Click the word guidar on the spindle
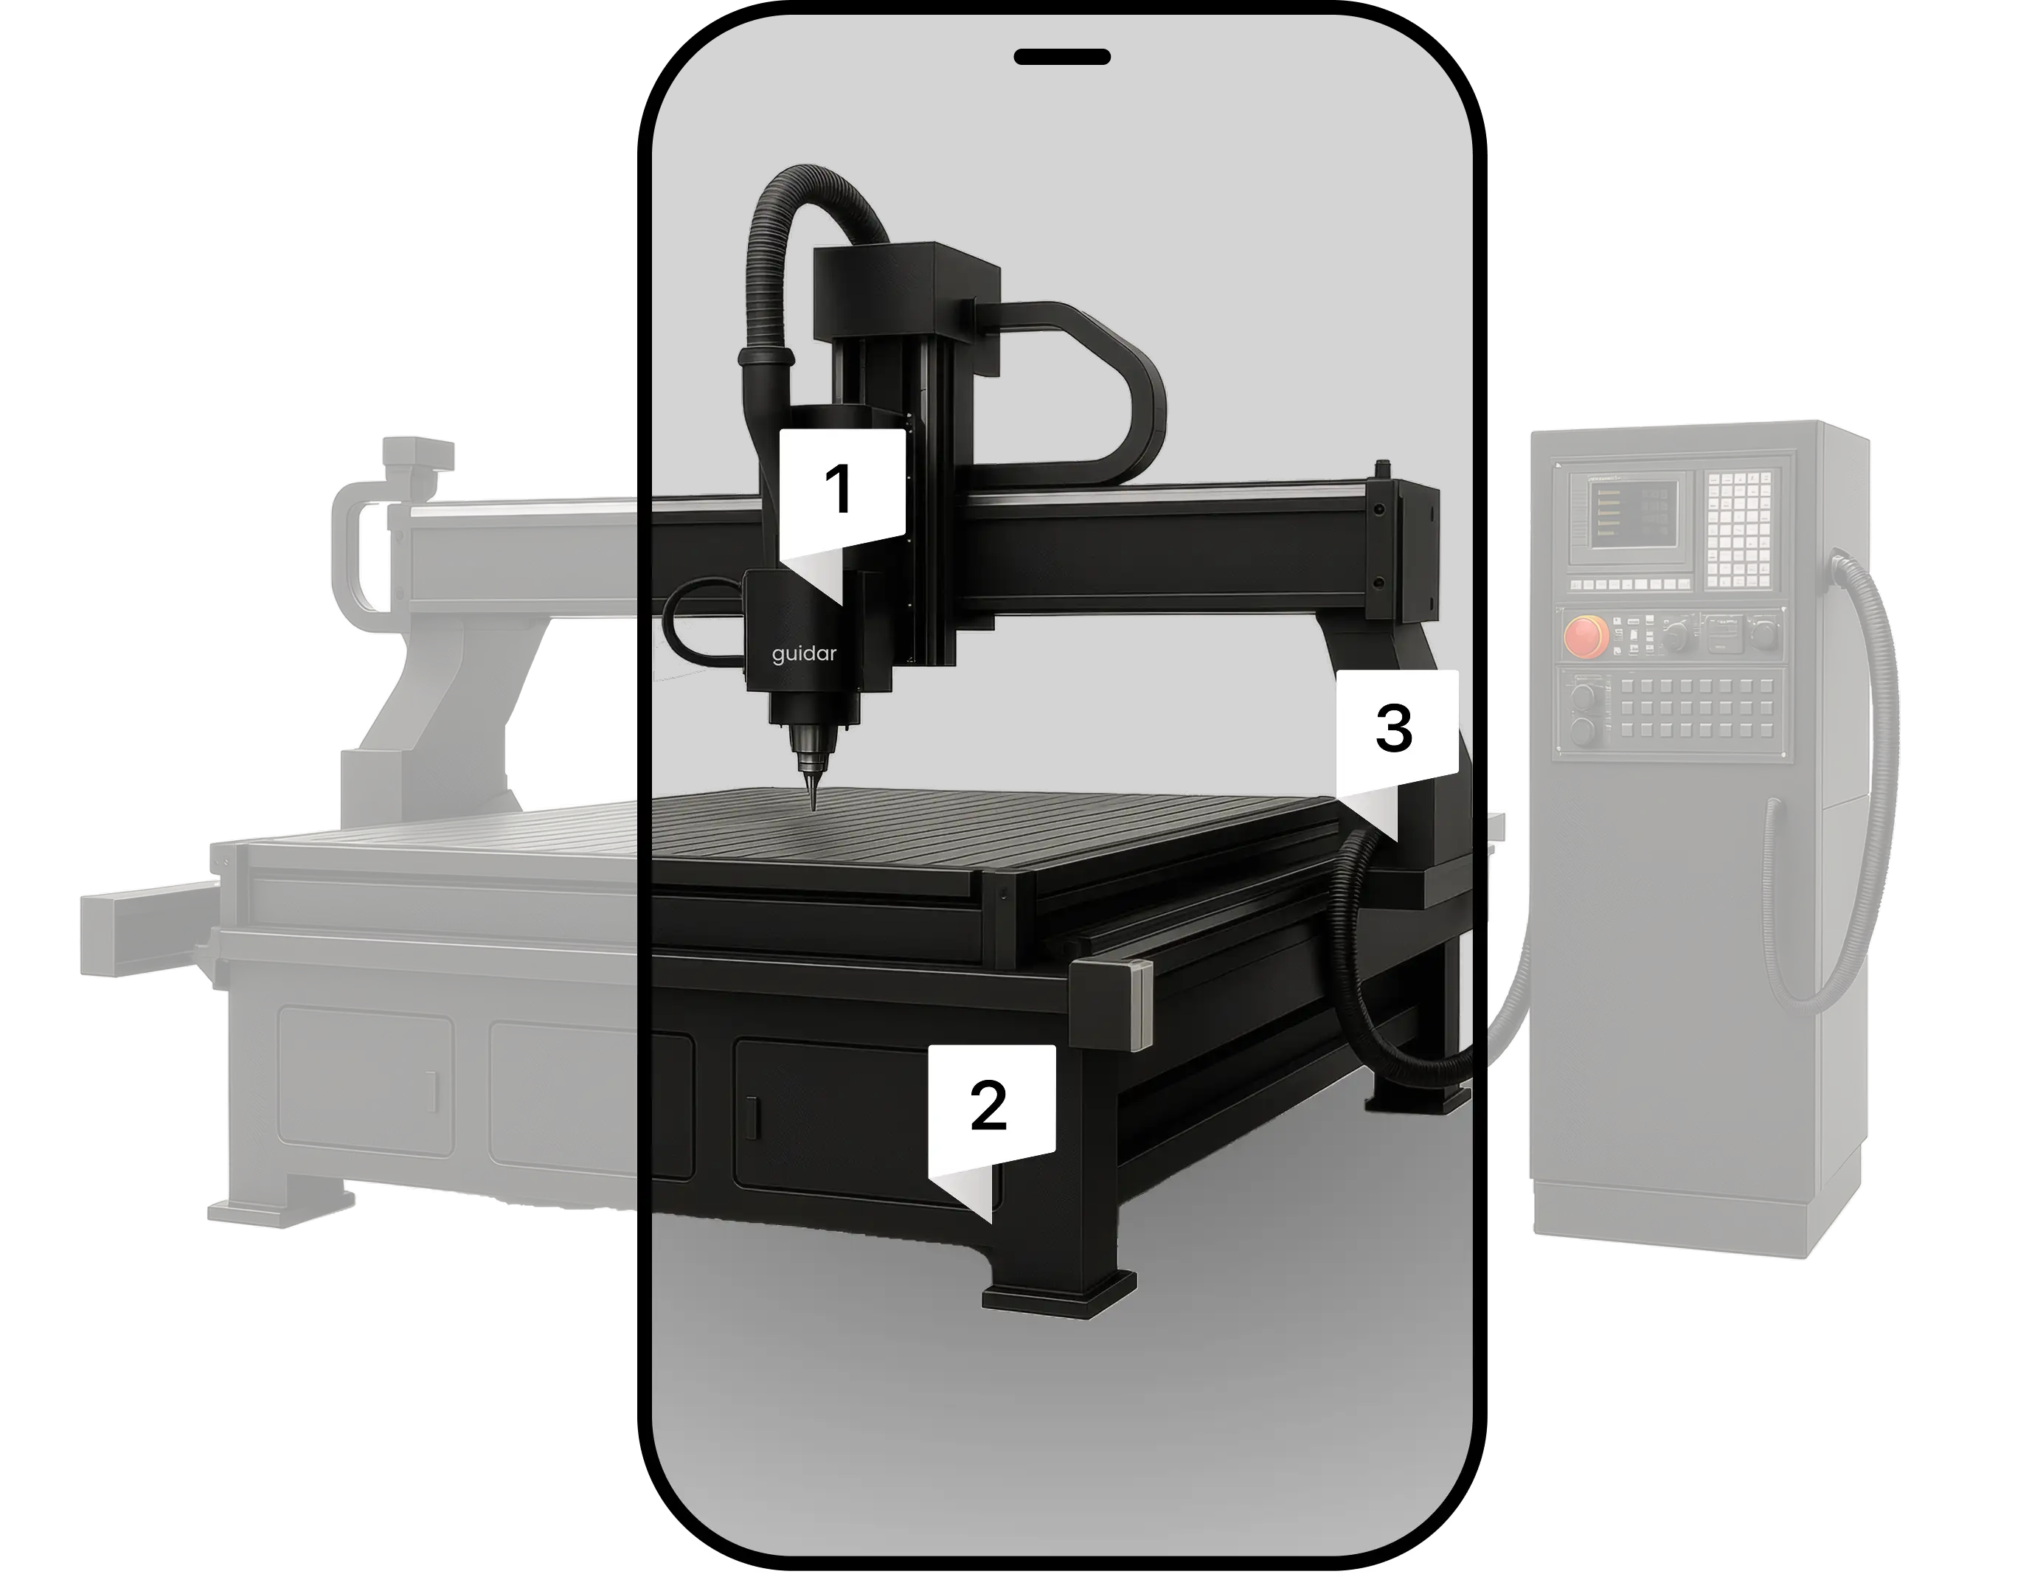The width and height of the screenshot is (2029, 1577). click(x=804, y=654)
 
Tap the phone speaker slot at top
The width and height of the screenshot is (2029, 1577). click(x=1062, y=57)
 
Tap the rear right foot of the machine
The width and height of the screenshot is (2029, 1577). click(x=1417, y=1098)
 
